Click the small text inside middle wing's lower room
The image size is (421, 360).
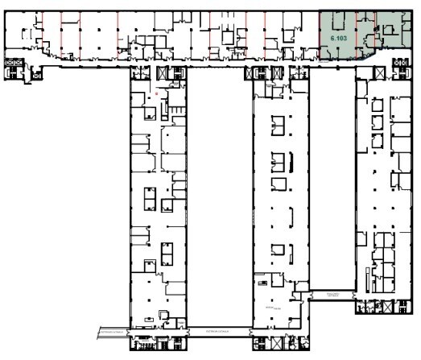tap(267, 307)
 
